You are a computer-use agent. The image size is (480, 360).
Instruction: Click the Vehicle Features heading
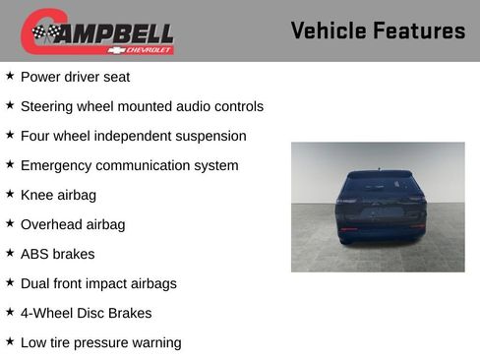tap(378, 30)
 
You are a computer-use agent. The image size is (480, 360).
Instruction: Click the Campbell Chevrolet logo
tap(97, 32)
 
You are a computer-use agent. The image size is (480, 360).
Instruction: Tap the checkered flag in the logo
tap(44, 32)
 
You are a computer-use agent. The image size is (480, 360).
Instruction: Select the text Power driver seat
tap(75, 77)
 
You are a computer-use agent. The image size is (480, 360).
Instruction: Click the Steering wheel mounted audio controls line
tap(142, 106)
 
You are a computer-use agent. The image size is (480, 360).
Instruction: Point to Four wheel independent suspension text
tap(133, 136)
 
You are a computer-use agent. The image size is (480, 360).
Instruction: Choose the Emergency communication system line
tap(129, 165)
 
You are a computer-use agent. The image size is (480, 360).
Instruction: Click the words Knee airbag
tap(58, 195)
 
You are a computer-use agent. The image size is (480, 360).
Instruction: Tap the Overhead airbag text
tap(73, 224)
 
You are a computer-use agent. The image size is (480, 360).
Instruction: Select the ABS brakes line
tap(57, 254)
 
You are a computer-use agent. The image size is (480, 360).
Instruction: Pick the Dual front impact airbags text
tap(98, 283)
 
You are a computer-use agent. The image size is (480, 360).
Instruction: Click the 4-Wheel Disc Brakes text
tap(86, 313)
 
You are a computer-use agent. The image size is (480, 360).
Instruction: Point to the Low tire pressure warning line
tap(100, 342)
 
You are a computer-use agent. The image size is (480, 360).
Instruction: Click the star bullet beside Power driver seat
tap(10, 76)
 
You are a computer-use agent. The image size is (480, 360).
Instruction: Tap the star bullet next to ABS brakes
tap(10, 253)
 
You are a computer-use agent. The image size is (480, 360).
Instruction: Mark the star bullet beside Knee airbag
tap(10, 194)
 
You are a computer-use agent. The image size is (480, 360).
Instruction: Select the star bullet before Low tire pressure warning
tap(10, 341)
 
